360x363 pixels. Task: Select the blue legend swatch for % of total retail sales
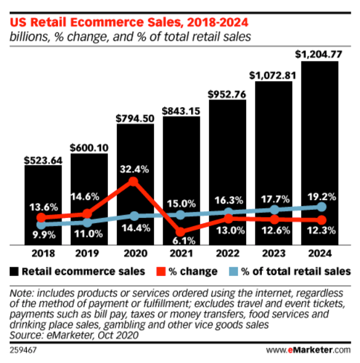tap(230, 271)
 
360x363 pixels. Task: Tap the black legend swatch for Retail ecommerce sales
tap(13, 271)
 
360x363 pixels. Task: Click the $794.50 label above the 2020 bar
tap(135, 118)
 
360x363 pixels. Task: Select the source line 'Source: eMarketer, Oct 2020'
tap(75, 334)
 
